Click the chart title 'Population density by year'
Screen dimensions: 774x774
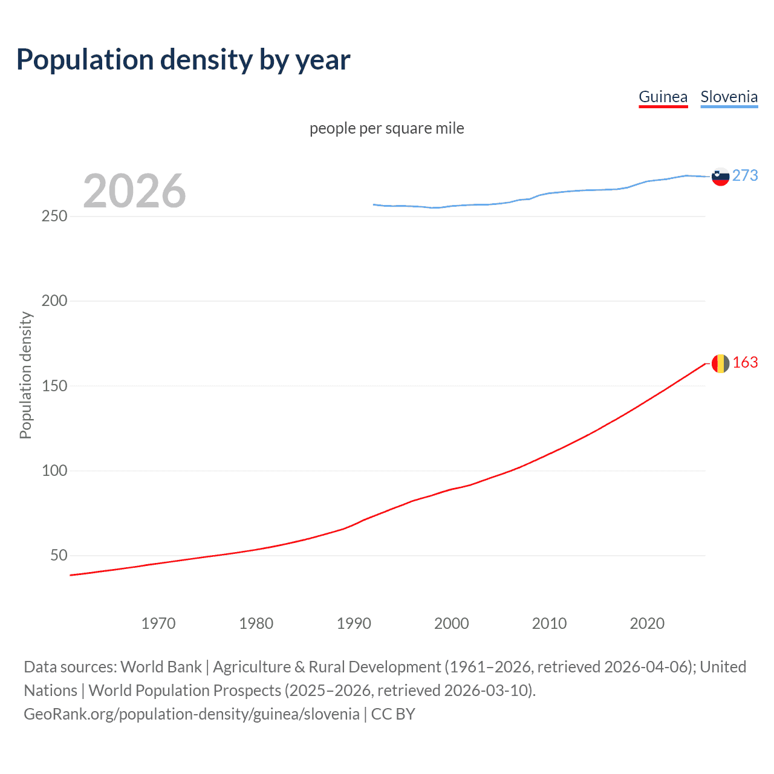coord(183,60)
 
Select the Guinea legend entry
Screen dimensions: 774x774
coord(663,97)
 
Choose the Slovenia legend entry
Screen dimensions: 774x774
coord(729,97)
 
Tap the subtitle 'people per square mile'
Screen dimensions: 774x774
coord(386,128)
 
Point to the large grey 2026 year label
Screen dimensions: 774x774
coord(134,191)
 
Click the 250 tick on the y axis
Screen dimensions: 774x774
coord(54,216)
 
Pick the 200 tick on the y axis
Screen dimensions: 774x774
coord(54,301)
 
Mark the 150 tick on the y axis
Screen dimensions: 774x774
coord(54,386)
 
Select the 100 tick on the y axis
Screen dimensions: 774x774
coord(54,470)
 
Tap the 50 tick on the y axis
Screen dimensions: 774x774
coord(59,555)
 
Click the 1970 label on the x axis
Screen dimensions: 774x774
coord(158,623)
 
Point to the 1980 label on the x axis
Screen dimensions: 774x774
coord(256,623)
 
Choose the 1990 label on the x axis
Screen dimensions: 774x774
coord(354,623)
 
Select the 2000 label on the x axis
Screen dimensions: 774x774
coord(452,623)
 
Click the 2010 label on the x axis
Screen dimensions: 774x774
coord(549,623)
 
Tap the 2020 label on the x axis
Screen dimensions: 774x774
coord(647,623)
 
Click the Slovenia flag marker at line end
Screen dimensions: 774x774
coord(720,177)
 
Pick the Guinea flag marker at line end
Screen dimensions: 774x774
coord(720,363)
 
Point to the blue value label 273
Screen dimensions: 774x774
coord(745,175)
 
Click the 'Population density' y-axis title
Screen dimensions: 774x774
coord(25,375)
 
